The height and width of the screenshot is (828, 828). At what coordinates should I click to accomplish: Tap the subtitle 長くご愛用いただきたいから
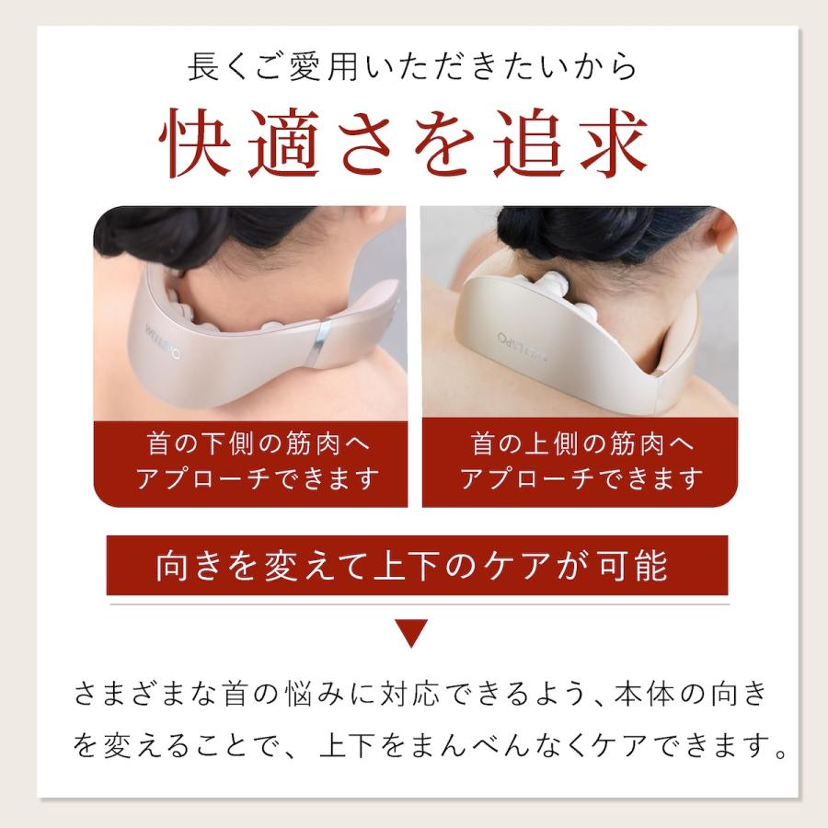tap(412, 69)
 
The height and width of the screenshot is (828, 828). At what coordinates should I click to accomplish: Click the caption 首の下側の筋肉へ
tap(248, 445)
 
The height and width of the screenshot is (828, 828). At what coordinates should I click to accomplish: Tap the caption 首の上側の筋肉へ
tap(580, 445)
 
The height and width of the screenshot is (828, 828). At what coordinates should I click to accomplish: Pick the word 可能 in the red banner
tap(636, 567)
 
